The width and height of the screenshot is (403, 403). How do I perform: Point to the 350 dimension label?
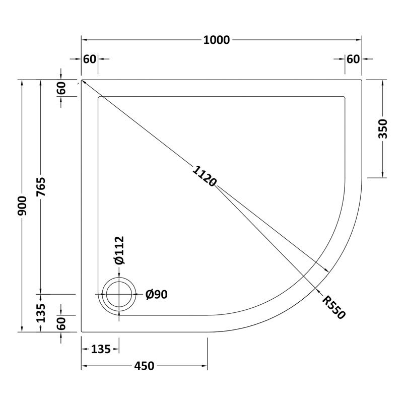click(382, 129)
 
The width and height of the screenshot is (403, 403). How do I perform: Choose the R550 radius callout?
click(333, 307)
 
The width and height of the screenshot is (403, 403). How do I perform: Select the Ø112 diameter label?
click(119, 250)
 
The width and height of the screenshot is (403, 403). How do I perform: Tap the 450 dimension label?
click(144, 366)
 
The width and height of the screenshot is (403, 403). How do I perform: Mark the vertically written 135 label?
click(41, 313)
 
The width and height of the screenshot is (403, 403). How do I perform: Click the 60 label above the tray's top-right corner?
click(353, 59)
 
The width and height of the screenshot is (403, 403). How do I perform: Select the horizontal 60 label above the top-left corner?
click(90, 59)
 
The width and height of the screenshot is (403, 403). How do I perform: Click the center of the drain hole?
click(119, 295)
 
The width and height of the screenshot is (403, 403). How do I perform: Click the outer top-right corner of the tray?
click(362, 80)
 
